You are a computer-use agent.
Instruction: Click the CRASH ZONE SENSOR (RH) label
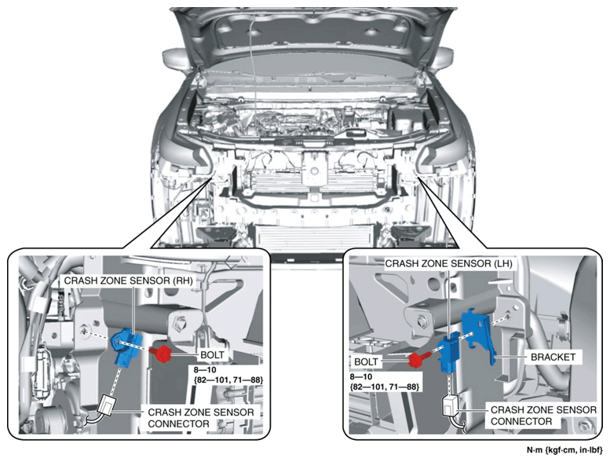pos(129,280)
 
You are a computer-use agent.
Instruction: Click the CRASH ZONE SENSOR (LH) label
pos(448,263)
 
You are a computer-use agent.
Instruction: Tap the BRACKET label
pos(553,357)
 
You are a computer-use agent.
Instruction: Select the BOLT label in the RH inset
pos(213,355)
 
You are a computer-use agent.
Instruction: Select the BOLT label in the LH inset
pos(366,361)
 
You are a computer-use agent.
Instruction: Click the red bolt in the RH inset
pos(162,353)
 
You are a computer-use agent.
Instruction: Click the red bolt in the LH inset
pos(418,360)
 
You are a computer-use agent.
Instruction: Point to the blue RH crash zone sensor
pos(127,346)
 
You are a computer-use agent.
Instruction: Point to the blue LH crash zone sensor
pos(450,352)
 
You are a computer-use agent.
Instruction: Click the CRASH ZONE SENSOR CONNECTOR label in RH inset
pos(201,418)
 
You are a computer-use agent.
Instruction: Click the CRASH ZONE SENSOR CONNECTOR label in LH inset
pos(543,416)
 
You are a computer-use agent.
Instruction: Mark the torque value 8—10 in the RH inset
pos(205,370)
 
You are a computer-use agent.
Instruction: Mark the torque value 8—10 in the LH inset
pos(361,377)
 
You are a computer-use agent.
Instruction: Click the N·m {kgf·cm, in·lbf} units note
pos(565,450)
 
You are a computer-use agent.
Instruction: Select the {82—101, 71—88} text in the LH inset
pos(385,387)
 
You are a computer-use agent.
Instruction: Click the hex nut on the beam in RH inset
pos(181,323)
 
